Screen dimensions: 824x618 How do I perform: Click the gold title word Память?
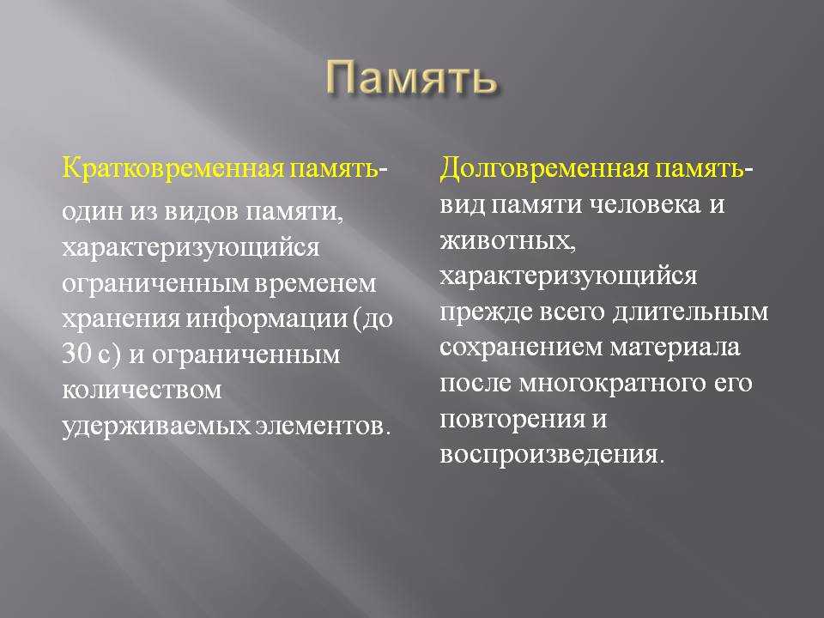pyautogui.click(x=411, y=78)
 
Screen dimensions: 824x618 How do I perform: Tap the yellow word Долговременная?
pyautogui.click(x=544, y=169)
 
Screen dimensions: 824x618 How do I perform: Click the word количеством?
pyautogui.click(x=142, y=391)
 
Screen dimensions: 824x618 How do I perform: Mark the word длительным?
pyautogui.click(x=690, y=312)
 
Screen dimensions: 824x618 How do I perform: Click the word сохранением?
pyautogui.click(x=521, y=348)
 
